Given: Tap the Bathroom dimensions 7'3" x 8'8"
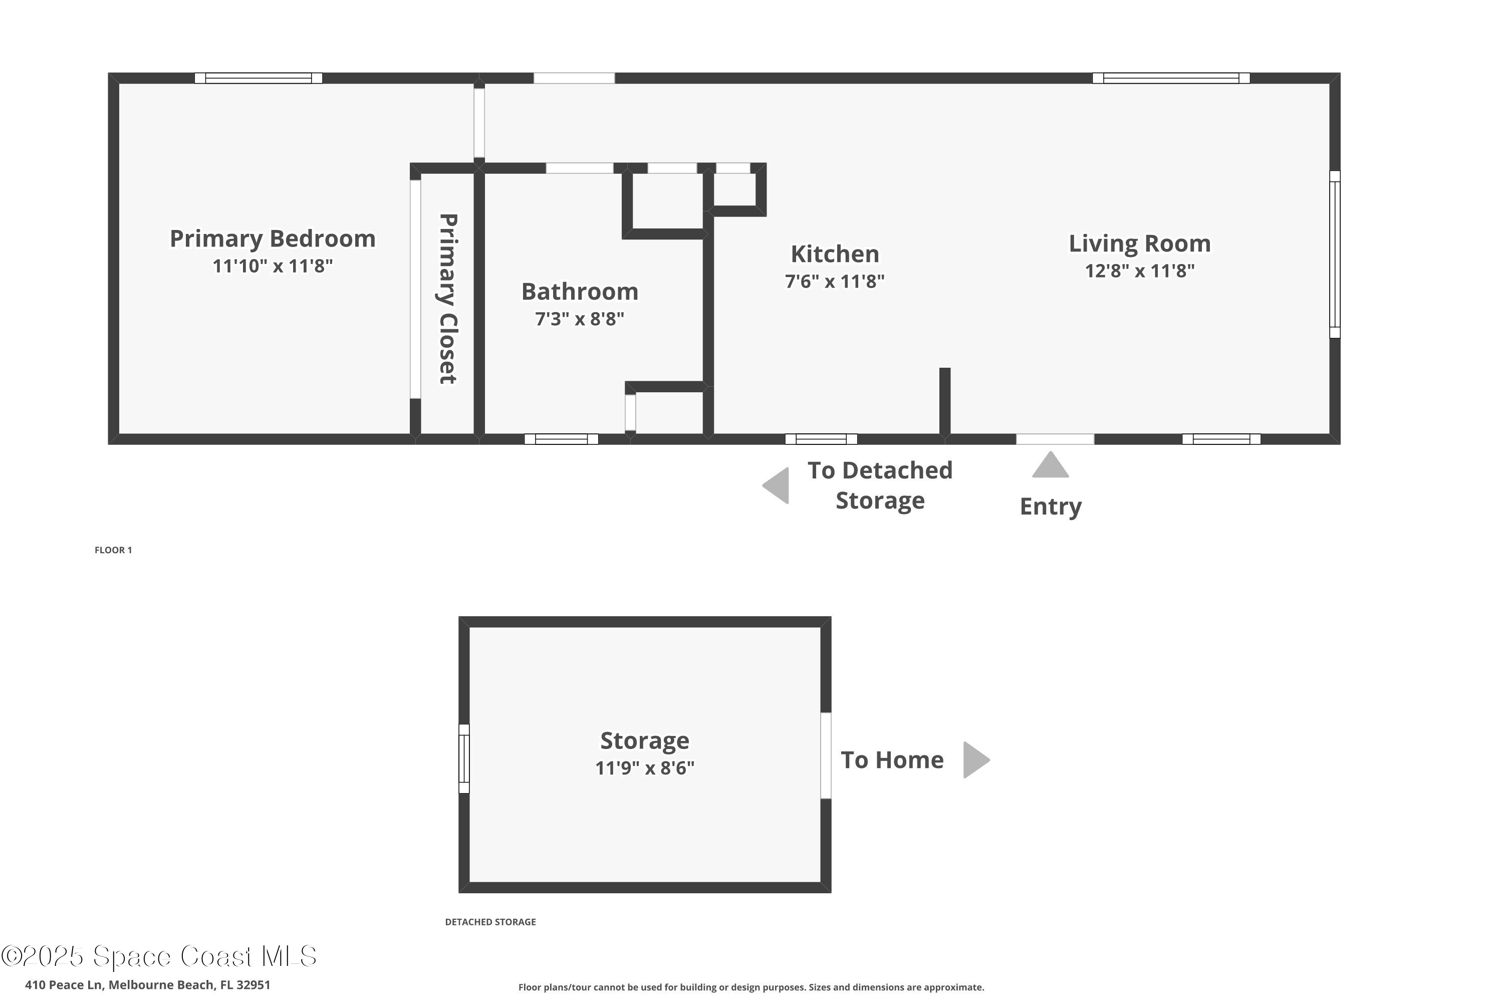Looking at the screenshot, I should [579, 318].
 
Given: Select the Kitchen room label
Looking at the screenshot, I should [835, 254].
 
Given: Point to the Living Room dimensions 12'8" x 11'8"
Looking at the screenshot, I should [1139, 271].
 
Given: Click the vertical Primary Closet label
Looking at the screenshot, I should [447, 299].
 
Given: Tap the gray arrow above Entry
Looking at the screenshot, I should [1050, 466].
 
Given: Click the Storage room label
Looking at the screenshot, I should [644, 740].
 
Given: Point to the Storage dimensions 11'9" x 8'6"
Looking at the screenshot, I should [644, 768].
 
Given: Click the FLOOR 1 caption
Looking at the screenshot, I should [113, 550].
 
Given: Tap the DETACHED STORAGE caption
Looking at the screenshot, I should [490, 921].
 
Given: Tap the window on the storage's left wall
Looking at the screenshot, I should [464, 759].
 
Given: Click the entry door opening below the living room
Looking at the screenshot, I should [1055, 439].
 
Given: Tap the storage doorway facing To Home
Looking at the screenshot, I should [826, 756].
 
